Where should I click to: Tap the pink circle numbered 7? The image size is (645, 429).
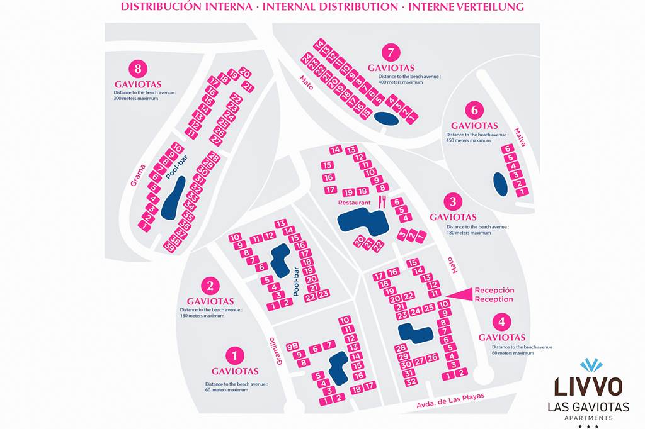click(391, 52)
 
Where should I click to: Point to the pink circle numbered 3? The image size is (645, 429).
click(453, 202)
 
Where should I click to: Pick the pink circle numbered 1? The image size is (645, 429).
click(234, 356)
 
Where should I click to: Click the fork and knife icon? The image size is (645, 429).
click(382, 201)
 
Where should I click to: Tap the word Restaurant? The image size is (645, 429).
click(355, 203)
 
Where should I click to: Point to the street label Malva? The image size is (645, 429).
click(519, 137)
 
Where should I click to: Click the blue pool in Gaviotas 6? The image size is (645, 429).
click(499, 184)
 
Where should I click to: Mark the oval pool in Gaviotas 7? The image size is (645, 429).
click(385, 118)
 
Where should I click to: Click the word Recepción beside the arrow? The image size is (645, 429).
click(494, 290)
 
